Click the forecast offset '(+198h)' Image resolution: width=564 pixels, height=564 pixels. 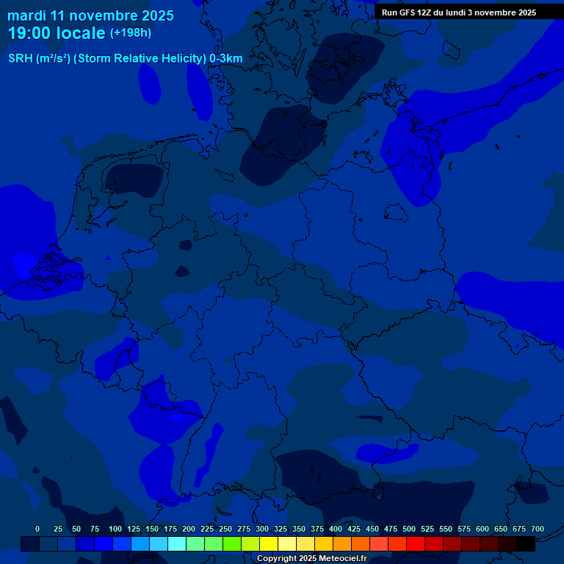(x=131, y=33)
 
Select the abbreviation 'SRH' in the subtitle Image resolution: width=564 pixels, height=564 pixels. (x=21, y=59)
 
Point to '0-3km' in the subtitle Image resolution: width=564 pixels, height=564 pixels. (x=226, y=59)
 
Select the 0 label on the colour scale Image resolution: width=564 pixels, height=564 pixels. (x=37, y=529)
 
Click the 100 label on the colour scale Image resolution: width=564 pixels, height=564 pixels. (x=115, y=529)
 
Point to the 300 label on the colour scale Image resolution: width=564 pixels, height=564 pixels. (x=262, y=529)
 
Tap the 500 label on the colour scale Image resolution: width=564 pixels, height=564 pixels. (x=409, y=529)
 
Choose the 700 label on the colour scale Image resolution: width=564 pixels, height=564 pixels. (x=537, y=529)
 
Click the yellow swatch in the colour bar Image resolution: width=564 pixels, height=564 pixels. (x=269, y=544)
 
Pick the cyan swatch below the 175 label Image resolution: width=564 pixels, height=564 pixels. (x=177, y=544)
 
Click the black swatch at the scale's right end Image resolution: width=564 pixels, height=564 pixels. (x=526, y=544)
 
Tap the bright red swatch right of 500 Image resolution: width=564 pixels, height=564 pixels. (x=416, y=544)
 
